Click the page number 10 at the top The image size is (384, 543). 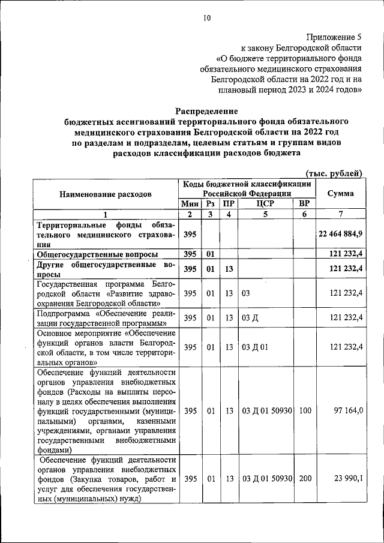[206, 18]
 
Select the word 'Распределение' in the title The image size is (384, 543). [206, 111]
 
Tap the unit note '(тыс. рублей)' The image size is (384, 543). [334, 173]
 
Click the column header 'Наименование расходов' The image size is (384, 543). [106, 194]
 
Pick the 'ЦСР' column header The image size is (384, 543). [265, 204]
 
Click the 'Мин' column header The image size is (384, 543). [190, 204]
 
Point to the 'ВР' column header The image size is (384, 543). [304, 204]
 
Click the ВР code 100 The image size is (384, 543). [304, 411]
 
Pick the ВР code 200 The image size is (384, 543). [304, 479]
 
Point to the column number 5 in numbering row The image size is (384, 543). [265, 215]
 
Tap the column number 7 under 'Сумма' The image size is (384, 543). [340, 215]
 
